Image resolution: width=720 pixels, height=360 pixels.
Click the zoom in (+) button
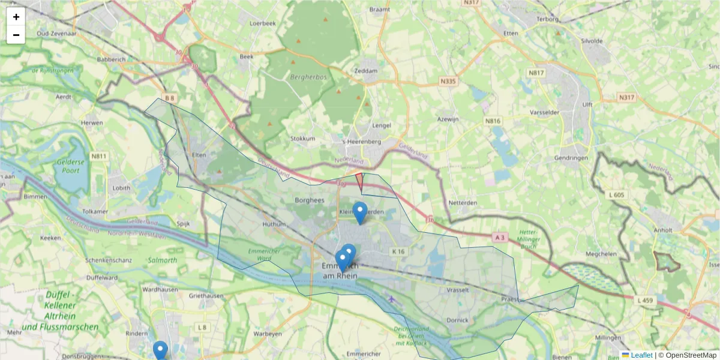(16, 17)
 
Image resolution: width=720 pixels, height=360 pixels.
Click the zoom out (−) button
(16, 35)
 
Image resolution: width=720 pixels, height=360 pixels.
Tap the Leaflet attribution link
(641, 355)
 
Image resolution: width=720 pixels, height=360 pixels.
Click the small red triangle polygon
(360, 181)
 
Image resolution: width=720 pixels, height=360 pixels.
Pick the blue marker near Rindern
(160, 350)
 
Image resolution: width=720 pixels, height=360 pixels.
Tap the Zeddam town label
(366, 71)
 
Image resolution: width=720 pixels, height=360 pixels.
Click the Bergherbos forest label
(308, 77)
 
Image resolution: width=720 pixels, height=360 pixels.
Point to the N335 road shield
(448, 80)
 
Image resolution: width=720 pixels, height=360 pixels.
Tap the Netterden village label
(463, 203)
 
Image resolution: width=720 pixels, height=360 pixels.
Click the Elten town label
(199, 155)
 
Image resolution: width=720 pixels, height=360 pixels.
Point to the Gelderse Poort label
(67, 166)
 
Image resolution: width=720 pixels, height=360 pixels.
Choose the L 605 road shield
(616, 195)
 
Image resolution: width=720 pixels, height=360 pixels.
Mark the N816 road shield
(493, 121)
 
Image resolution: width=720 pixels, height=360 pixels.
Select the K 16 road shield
(398, 251)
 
